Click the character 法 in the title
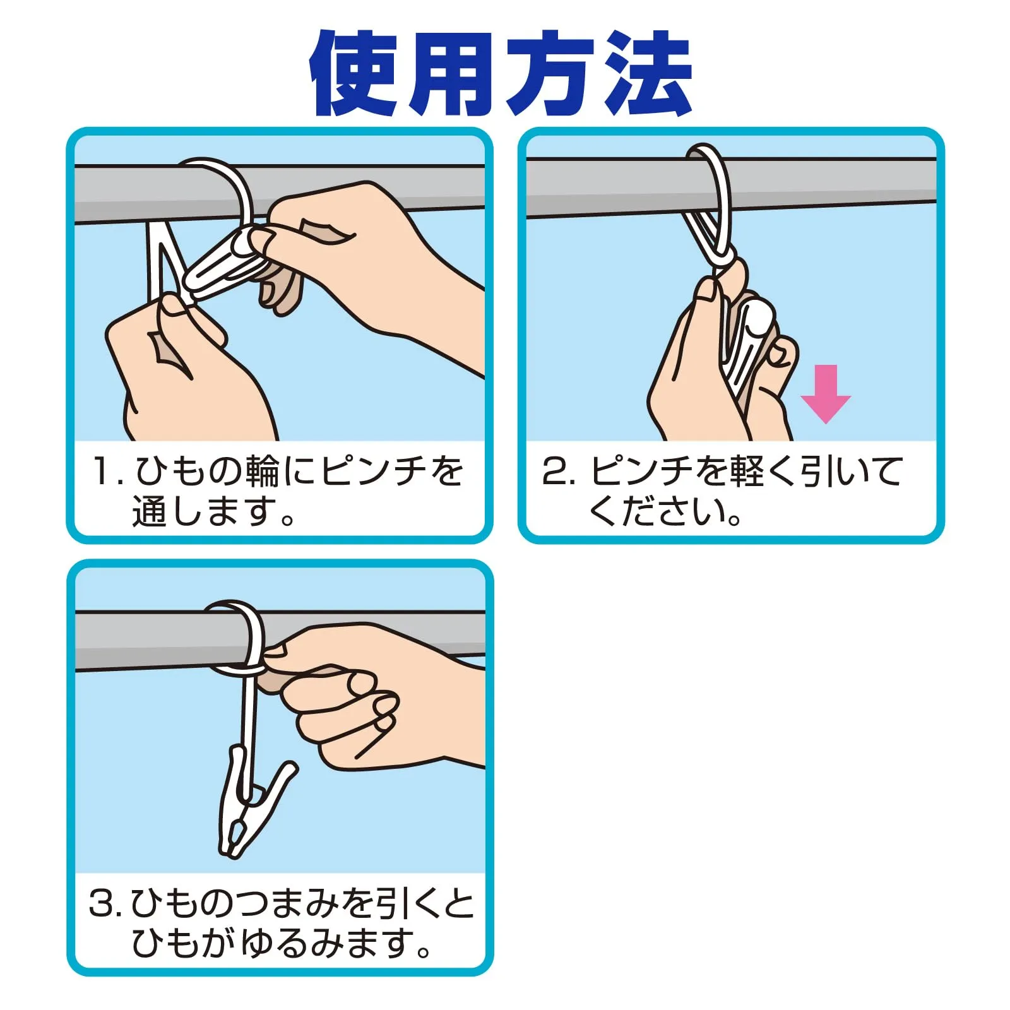[x=648, y=73]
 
